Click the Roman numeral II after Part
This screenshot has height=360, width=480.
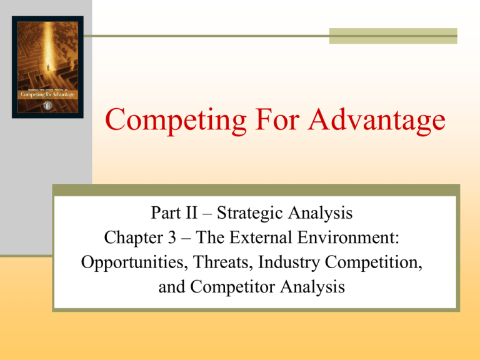point(188,214)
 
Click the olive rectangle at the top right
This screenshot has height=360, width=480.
point(393,36)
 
